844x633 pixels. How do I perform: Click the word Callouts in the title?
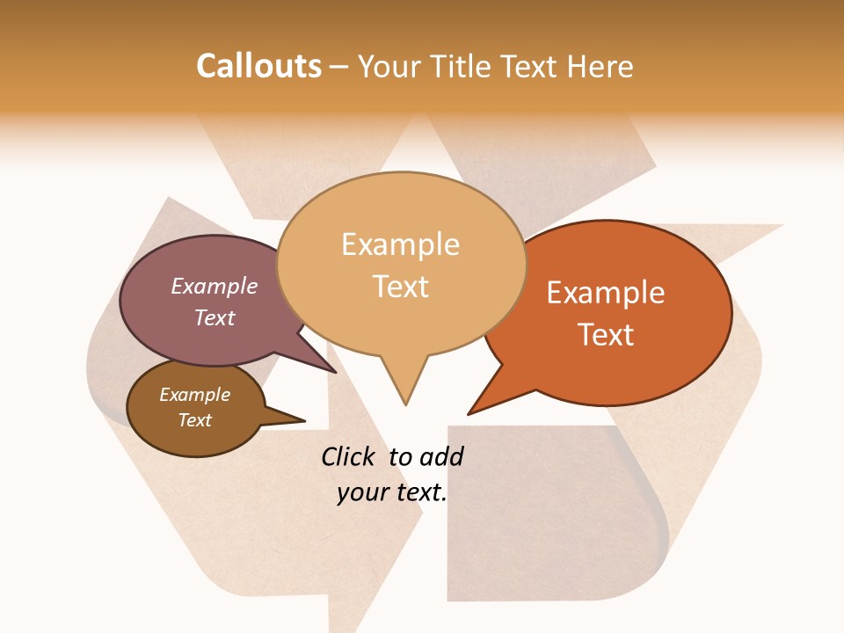click(258, 66)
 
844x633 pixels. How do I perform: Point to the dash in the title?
click(339, 67)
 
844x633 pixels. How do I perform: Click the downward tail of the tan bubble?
click(405, 382)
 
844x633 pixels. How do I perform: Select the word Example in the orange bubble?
click(606, 293)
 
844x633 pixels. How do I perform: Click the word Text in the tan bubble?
click(401, 287)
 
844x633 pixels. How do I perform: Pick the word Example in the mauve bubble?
click(215, 287)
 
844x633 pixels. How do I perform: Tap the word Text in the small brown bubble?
click(195, 420)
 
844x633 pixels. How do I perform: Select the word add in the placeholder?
click(441, 456)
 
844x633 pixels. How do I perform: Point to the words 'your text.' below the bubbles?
click(392, 492)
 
